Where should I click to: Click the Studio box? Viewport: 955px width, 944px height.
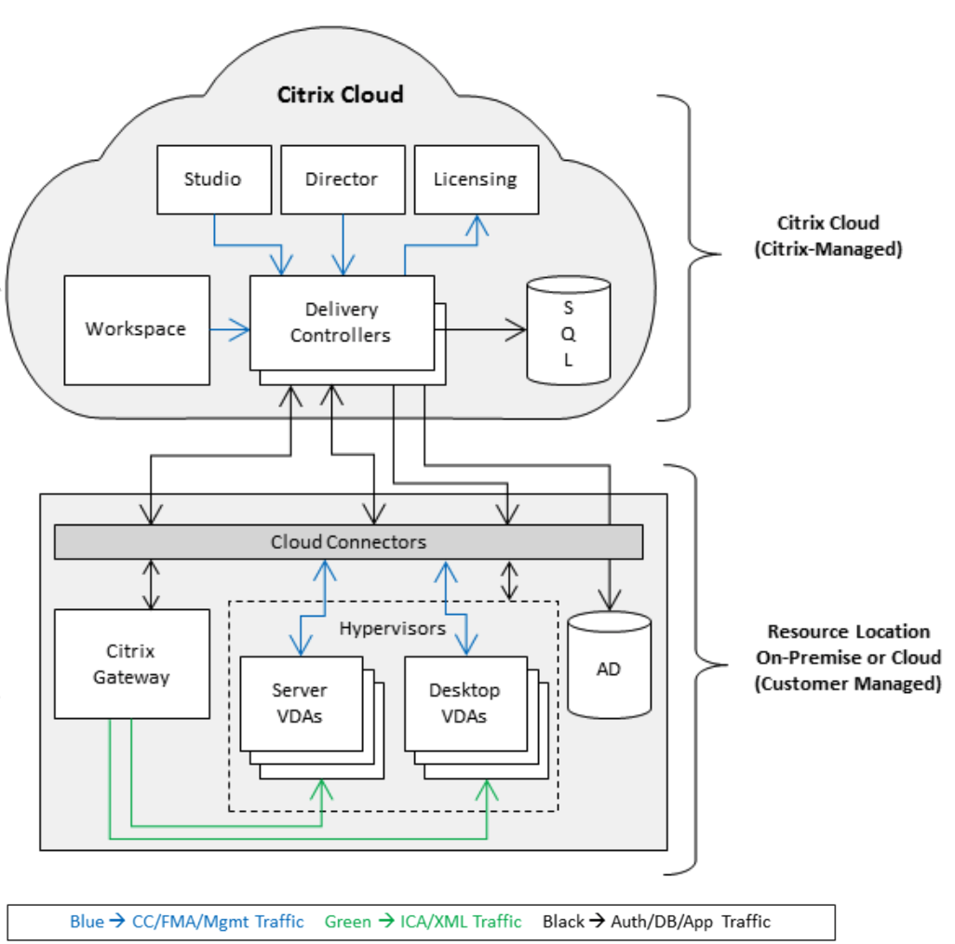coord(213,179)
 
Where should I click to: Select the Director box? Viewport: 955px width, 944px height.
coord(342,179)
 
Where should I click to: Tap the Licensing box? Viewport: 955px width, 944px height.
coord(475,179)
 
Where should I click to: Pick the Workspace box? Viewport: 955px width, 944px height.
coord(136,329)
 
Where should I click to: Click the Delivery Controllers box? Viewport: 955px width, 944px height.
coord(341,322)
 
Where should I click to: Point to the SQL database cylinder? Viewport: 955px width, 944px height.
coord(568,331)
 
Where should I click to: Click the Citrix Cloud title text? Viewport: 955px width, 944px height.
coord(340,95)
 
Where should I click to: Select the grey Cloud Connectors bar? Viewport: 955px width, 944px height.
coord(348,542)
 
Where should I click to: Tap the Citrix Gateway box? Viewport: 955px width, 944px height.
coord(131,664)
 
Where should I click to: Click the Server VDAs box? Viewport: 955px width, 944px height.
coord(301,703)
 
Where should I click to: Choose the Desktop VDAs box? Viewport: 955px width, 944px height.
coord(464,703)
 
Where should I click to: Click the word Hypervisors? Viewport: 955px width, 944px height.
coord(392,629)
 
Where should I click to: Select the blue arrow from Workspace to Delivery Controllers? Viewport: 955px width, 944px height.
coord(230,329)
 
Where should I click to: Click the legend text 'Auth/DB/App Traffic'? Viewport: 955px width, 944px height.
coord(691,922)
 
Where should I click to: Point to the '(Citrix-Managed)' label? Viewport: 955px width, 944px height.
coord(827,248)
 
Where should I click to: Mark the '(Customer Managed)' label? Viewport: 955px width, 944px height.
coord(846,684)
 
